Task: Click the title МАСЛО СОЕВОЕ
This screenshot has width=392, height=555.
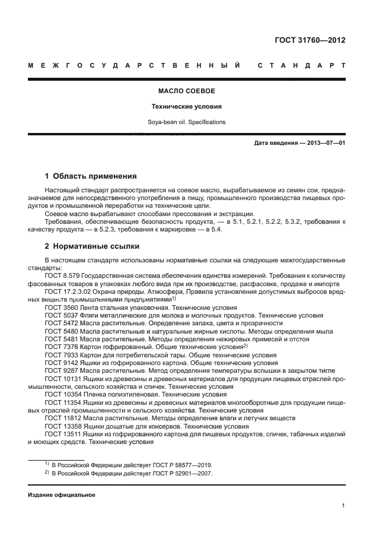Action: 186,92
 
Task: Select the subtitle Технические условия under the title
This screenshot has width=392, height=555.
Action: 186,107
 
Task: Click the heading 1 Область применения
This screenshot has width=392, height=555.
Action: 91,176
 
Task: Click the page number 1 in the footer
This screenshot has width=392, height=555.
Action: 343,506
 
